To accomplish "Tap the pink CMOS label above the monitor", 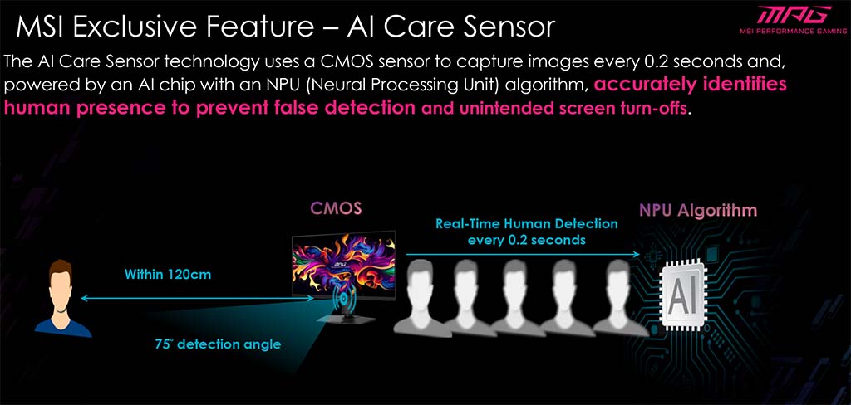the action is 336,209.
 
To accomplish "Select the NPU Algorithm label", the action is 698,210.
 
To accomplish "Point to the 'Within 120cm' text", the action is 168,275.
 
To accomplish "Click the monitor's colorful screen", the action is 343,264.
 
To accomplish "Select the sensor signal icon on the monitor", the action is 344,301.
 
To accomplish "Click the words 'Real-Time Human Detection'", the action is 527,224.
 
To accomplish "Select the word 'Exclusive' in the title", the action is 133,27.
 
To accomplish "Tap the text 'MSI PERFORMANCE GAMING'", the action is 793,31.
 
